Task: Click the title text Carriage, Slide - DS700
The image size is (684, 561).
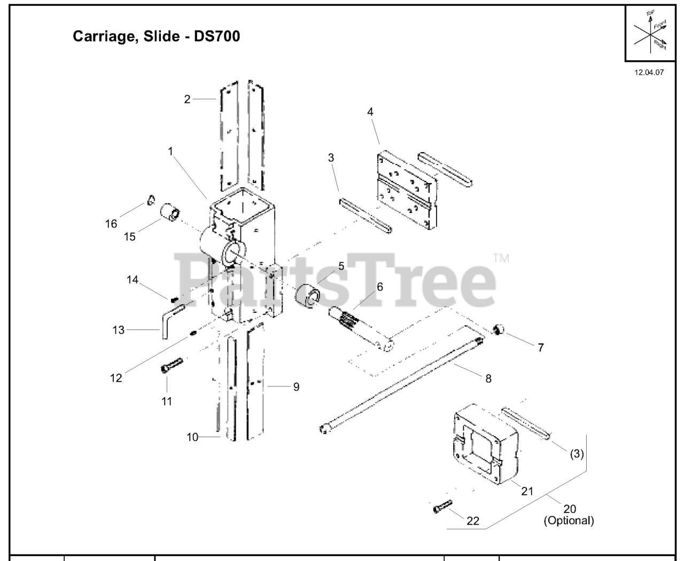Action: (156, 37)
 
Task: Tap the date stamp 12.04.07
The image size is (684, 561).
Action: (649, 73)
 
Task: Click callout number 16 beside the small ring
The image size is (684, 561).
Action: (111, 224)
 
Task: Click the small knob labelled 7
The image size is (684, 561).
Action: (499, 329)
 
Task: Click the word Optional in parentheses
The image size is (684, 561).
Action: (569, 520)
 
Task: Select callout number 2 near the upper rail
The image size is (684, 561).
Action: (187, 99)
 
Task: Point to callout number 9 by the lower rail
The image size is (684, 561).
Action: (296, 387)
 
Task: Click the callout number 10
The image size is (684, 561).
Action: (192, 437)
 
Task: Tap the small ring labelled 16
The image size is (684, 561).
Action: (151, 201)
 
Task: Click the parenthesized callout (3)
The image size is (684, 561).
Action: (576, 454)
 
